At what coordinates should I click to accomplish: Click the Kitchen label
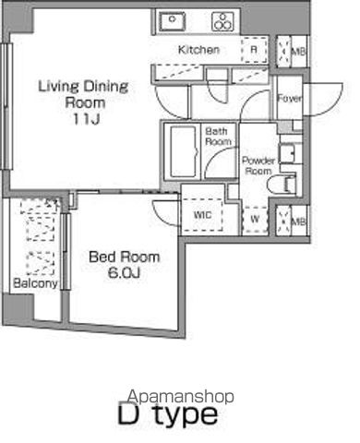click(x=198, y=50)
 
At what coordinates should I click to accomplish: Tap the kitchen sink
click(x=173, y=21)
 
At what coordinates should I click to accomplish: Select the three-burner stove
click(x=223, y=21)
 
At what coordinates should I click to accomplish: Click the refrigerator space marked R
click(x=254, y=50)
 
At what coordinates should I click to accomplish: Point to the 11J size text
click(x=86, y=119)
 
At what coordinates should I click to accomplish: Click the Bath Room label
click(x=218, y=137)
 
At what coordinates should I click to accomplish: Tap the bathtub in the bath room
click(x=183, y=152)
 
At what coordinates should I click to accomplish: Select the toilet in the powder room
click(x=282, y=185)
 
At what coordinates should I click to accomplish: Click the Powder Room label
click(x=258, y=165)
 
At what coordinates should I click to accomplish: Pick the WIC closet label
click(x=202, y=215)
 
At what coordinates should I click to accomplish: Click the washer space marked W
click(x=255, y=219)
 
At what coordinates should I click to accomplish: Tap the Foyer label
click(x=289, y=99)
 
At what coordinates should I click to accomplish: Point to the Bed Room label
click(x=125, y=257)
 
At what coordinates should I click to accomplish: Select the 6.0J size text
click(x=124, y=273)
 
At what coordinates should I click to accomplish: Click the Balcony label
click(x=35, y=283)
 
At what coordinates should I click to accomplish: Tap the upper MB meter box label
click(x=298, y=51)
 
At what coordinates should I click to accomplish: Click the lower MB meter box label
click(x=298, y=221)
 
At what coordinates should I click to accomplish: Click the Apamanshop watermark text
click(x=181, y=397)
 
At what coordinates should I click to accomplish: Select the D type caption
click(x=168, y=414)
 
